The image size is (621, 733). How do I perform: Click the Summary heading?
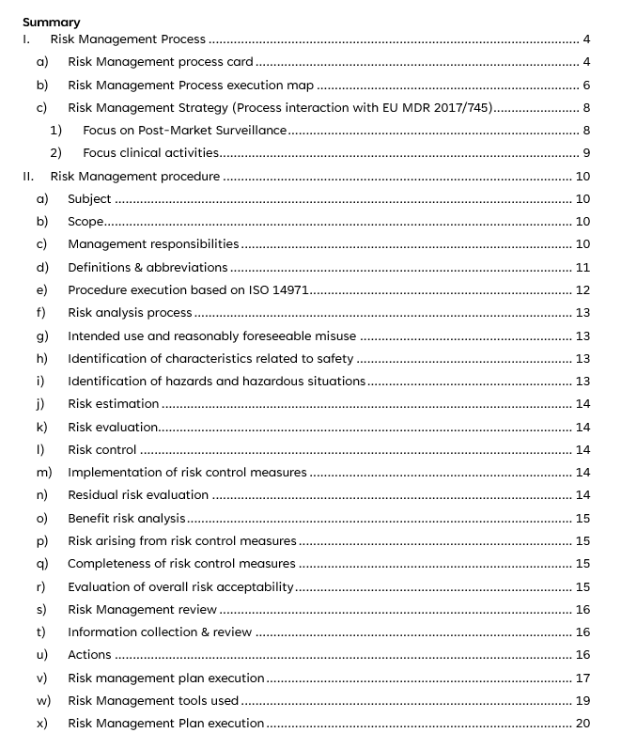[x=51, y=22]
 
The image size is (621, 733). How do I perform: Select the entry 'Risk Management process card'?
[x=161, y=62]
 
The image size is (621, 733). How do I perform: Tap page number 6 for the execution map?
[x=586, y=85]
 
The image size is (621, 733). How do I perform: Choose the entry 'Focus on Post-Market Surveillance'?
[x=184, y=130]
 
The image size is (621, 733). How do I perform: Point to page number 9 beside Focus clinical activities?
[x=586, y=152]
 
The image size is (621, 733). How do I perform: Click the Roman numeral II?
[x=29, y=176]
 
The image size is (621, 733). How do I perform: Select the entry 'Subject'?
[x=89, y=198]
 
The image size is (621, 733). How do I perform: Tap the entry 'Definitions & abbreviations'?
[x=147, y=267]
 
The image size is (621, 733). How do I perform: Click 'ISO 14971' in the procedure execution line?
[x=279, y=289]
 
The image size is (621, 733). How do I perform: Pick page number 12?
[x=582, y=289]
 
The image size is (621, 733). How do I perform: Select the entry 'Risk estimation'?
[x=113, y=403]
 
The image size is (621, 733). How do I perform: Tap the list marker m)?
[x=43, y=472]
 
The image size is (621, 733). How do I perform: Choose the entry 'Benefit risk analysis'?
[x=127, y=518]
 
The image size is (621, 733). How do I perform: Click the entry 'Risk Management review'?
[x=143, y=609]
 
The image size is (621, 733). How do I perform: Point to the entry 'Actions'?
[x=89, y=654]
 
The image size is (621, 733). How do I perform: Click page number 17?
[x=582, y=678]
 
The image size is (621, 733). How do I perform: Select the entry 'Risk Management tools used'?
[x=153, y=700]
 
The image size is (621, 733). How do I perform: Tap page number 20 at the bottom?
[x=582, y=723]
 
